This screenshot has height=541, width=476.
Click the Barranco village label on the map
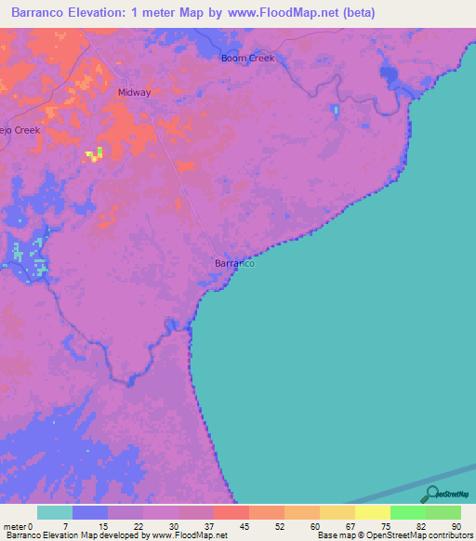tap(234, 263)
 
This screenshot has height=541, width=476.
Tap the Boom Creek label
tap(247, 59)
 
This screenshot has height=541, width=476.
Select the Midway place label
tap(134, 93)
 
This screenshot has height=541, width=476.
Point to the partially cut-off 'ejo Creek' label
tap(20, 130)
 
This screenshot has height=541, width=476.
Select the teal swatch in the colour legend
tap(56, 512)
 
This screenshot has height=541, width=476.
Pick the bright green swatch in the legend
tap(407, 512)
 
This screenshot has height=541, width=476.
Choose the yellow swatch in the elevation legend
tap(337, 512)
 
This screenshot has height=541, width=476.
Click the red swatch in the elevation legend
tap(231, 512)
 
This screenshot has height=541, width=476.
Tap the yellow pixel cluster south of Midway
tap(95, 154)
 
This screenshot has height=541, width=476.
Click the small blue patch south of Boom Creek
tap(336, 111)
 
